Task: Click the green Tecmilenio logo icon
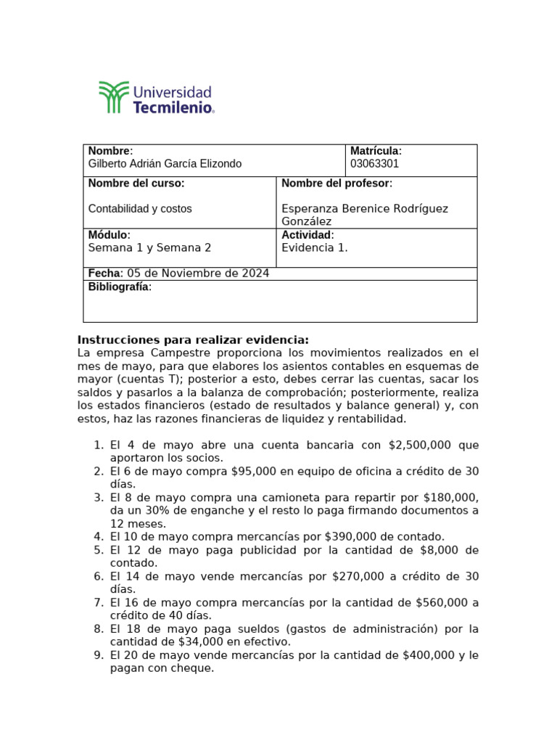(x=114, y=97)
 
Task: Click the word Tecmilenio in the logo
(x=173, y=107)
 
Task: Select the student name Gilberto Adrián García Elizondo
(x=165, y=164)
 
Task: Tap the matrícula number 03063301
(x=374, y=164)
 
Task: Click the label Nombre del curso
(x=136, y=184)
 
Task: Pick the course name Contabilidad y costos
(x=140, y=209)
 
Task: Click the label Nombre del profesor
(x=337, y=184)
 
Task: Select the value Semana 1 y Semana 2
(x=149, y=248)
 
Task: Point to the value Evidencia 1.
(x=314, y=248)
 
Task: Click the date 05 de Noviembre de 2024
(x=198, y=274)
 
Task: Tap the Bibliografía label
(x=120, y=287)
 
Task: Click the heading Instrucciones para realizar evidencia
(x=193, y=340)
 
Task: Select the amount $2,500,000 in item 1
(x=420, y=445)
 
